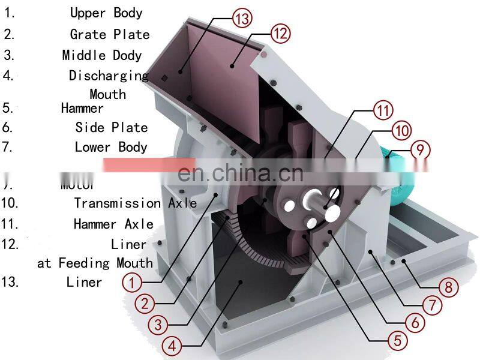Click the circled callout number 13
[x=241, y=19]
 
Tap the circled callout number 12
[x=281, y=33]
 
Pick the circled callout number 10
[x=401, y=129]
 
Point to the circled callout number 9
[x=420, y=148]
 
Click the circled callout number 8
[x=449, y=286]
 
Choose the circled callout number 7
[x=432, y=304]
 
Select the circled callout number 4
[x=172, y=346]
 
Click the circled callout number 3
[x=158, y=325]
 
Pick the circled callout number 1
[x=132, y=280]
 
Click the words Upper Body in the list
[x=106, y=13]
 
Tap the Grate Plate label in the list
[x=109, y=34]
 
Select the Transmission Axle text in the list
[x=135, y=203]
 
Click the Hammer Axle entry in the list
[x=113, y=224]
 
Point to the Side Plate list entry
[x=111, y=127]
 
